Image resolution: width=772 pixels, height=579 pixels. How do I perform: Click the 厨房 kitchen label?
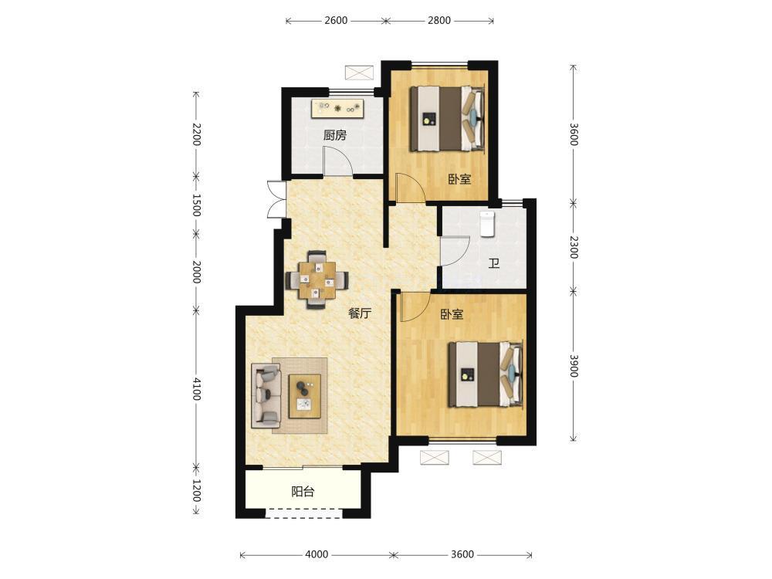(x=335, y=135)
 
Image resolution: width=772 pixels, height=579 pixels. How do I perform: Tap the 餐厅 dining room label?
(x=360, y=313)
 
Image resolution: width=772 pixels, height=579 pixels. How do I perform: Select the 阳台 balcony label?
(x=303, y=491)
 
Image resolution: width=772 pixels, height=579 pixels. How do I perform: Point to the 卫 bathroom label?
(x=494, y=263)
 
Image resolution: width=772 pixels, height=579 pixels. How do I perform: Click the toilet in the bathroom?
(x=487, y=224)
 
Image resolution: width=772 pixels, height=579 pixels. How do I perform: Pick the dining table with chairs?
(x=317, y=279)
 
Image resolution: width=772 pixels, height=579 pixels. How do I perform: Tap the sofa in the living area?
(x=266, y=395)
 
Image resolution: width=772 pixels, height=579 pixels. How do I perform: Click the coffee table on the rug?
(x=305, y=396)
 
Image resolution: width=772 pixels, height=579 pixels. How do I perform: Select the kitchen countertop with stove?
(x=337, y=108)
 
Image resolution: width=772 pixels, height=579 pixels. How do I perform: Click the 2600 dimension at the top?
(x=336, y=21)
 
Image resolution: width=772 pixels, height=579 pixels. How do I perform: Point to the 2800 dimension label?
(x=438, y=21)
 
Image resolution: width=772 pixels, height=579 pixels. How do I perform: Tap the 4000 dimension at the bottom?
(x=317, y=554)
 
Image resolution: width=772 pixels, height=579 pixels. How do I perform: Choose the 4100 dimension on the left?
(x=196, y=389)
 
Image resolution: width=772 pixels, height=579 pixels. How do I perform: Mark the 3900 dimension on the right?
(x=574, y=365)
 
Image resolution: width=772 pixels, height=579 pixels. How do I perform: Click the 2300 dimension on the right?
(x=574, y=247)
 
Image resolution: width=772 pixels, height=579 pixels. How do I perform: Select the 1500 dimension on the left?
(x=196, y=205)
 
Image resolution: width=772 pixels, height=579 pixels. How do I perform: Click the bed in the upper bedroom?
(x=448, y=118)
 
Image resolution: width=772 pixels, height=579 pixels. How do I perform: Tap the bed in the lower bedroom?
(x=486, y=374)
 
